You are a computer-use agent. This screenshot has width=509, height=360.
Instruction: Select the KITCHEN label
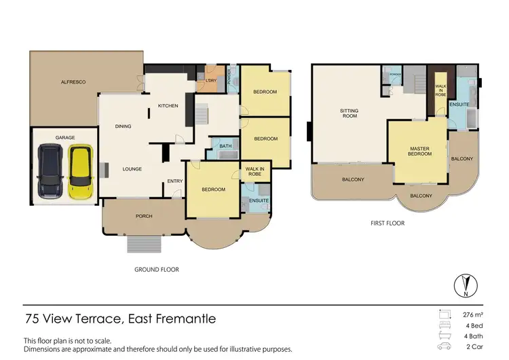(168, 106)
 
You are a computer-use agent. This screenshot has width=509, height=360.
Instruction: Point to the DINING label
(123, 126)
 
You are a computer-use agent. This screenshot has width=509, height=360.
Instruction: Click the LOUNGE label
(132, 168)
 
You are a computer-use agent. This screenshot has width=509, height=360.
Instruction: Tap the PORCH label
(143, 216)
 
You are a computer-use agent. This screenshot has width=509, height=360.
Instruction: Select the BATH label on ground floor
(225, 146)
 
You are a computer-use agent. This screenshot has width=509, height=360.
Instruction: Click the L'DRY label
(210, 82)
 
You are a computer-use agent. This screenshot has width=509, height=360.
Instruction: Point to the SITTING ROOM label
(349, 113)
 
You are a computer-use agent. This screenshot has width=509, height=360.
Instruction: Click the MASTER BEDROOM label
(420, 151)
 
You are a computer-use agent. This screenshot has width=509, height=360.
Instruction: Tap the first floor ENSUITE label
(459, 104)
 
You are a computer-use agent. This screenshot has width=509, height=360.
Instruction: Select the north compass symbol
(464, 284)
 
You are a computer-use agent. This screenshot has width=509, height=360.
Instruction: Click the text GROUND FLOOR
(157, 269)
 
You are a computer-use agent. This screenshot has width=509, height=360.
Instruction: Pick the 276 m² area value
(472, 314)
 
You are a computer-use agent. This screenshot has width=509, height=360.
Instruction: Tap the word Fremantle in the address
(189, 319)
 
